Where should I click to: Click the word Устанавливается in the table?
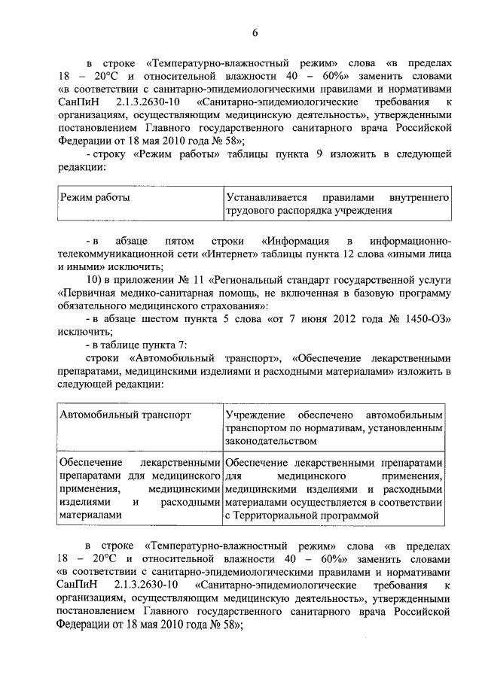pos(264,197)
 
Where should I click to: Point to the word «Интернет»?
pos(226,254)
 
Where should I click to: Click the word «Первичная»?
pos(87,293)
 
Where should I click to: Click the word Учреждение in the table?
pos(255,415)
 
